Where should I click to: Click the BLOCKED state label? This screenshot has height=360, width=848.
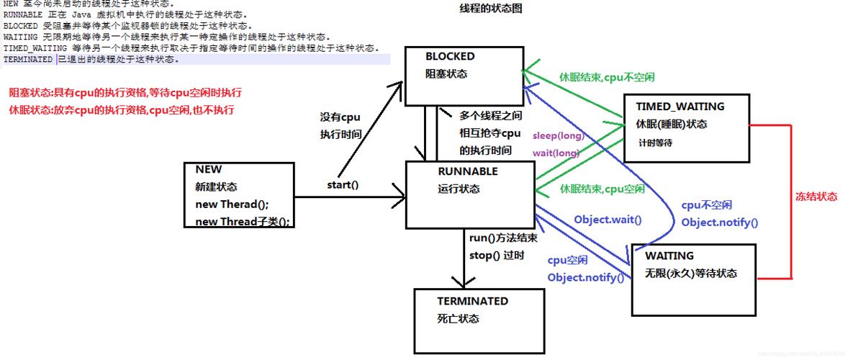[x=450, y=56]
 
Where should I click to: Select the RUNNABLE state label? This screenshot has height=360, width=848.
[x=467, y=171]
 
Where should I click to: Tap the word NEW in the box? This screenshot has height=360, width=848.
[x=209, y=169]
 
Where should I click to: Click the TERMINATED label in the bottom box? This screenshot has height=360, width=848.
[x=472, y=301]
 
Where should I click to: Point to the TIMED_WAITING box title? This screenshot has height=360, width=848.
[x=680, y=107]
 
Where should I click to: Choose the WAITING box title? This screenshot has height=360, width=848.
[x=669, y=256]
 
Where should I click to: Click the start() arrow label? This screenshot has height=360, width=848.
[x=343, y=185]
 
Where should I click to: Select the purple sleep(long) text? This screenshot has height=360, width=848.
[x=558, y=135]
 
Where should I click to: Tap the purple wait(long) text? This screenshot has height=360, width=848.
[x=556, y=153]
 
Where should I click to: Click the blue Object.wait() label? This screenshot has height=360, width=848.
[x=607, y=220]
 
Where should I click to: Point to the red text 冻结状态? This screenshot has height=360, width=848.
[x=816, y=197]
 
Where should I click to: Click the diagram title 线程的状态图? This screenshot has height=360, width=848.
[x=490, y=9]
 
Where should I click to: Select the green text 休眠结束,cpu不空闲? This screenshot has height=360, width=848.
[x=607, y=77]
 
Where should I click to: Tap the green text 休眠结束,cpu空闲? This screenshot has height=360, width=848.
[x=603, y=189]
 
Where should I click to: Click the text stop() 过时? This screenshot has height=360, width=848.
[x=497, y=255]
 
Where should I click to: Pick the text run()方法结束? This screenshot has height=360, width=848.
[x=502, y=238]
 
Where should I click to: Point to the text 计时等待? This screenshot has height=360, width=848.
[x=655, y=143]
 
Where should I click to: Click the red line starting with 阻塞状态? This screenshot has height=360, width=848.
[x=125, y=93]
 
